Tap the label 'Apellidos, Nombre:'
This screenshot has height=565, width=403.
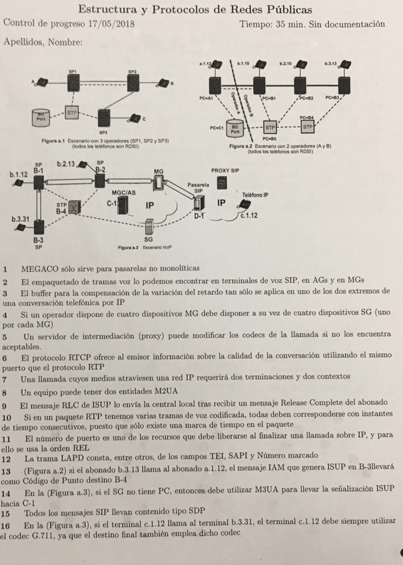(43, 43)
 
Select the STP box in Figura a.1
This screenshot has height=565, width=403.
(72, 113)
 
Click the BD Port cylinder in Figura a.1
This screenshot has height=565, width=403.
(40, 119)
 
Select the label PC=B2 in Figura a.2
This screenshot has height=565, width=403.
(306, 97)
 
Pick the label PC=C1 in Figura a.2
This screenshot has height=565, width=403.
(217, 126)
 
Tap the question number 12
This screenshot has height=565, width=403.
(7, 459)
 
